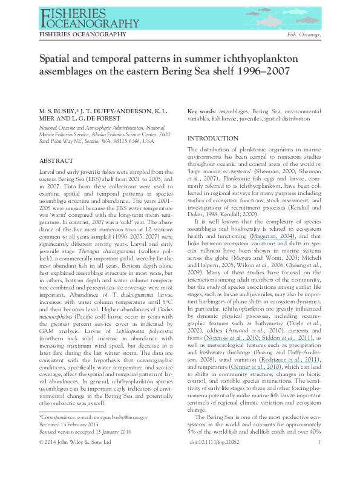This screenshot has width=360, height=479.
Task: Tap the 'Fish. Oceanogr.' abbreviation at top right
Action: coord(304,36)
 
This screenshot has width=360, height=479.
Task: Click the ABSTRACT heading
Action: coord(56,161)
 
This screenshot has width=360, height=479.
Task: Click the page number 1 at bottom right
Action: coord(318,460)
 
